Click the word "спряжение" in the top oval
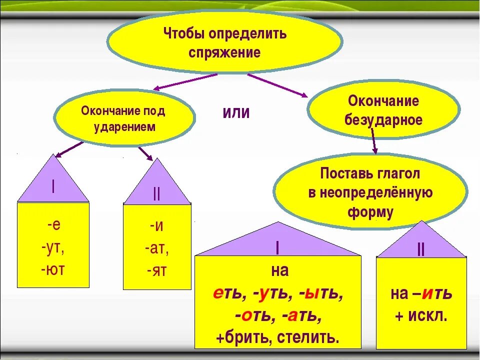pos(225,53)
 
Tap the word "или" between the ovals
pos(236,112)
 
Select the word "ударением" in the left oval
pos(124,126)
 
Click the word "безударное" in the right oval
pos(383,120)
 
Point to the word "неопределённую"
pos(370,193)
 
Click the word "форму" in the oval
pos(370,211)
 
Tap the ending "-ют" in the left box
pos(53,270)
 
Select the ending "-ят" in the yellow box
pos(157,270)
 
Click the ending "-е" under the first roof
pos(54,224)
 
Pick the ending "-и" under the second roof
pos(156,225)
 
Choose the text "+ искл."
pos(421,315)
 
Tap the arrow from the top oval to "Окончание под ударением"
pos(185,82)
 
